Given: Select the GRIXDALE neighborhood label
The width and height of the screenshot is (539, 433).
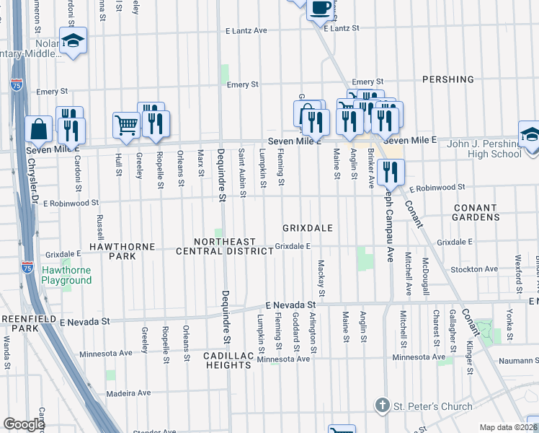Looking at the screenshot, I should pos(307,228).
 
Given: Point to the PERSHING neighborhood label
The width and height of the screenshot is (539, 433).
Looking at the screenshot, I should pos(448,79).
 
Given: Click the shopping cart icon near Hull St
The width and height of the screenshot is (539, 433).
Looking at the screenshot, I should pos(126,126).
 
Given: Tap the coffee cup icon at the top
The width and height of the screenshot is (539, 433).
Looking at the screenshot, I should pos(321,8).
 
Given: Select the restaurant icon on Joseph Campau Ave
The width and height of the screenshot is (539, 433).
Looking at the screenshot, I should pos(391,172).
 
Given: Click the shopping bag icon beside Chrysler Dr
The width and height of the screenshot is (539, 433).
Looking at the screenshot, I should pos(39,130).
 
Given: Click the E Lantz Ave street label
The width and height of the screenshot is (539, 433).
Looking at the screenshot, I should pos(246,31).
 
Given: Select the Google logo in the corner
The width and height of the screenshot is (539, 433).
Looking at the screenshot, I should pos(24,424).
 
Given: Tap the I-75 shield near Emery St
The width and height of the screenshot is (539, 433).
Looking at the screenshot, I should pos(22,87).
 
